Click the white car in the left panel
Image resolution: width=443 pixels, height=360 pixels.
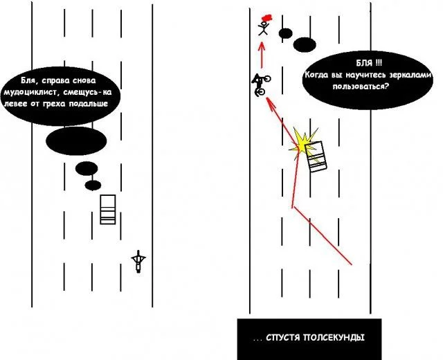pos(107,209)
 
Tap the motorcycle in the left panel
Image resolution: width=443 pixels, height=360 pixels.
pos(140,260)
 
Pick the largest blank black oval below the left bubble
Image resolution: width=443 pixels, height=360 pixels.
pos(76,141)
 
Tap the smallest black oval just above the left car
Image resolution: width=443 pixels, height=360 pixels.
pos(93,185)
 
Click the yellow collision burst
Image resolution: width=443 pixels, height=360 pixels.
pos(302,142)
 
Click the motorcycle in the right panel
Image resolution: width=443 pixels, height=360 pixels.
pos(260,84)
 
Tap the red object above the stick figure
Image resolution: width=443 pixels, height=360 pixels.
pos(265,16)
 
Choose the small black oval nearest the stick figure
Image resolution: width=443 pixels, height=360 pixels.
pos(285,33)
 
